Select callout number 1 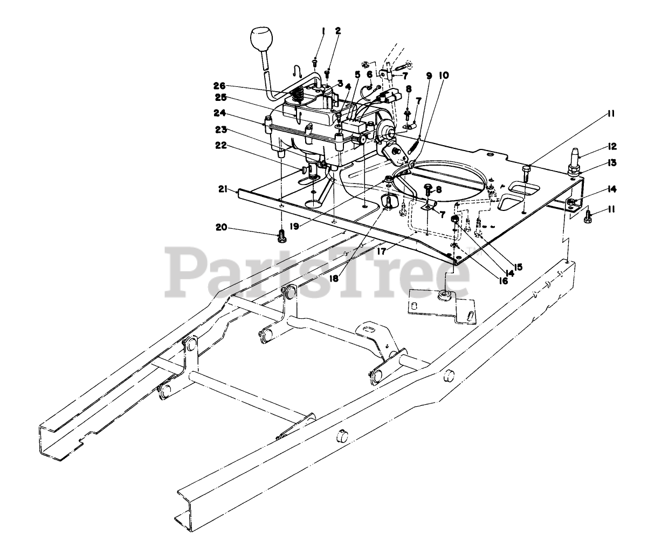point(323,32)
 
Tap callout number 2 point(337,31)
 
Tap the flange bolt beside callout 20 point(281,236)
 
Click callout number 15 point(519,267)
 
